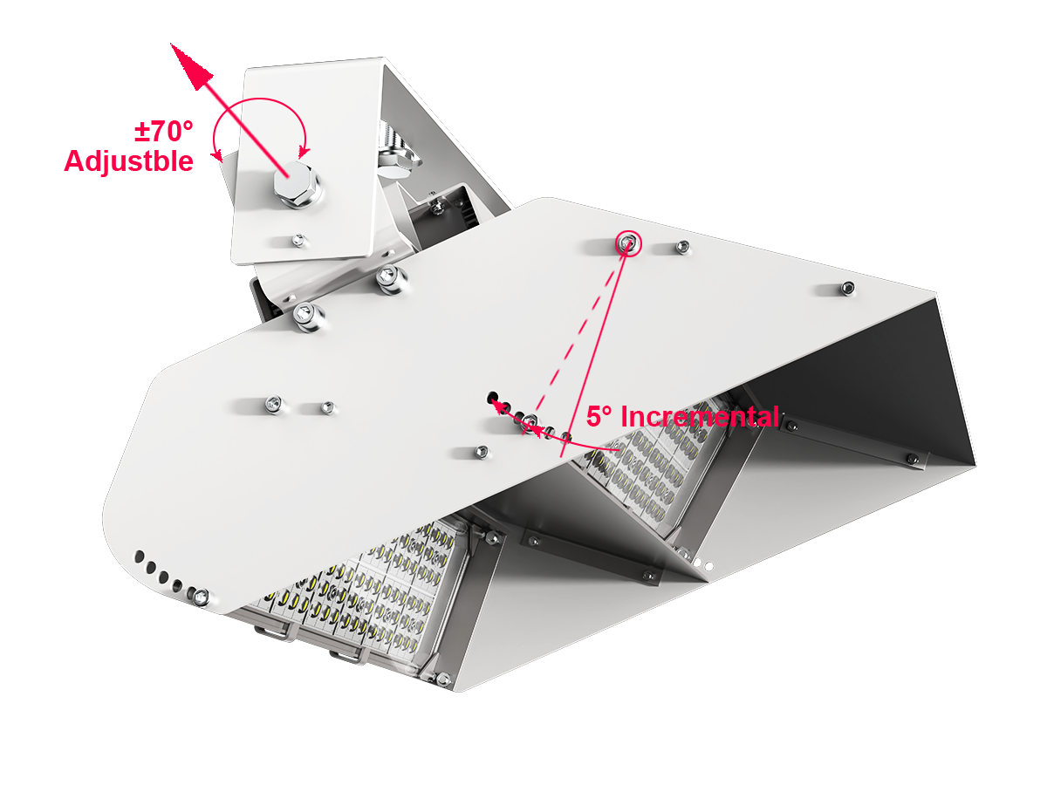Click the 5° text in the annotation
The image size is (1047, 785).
point(601,417)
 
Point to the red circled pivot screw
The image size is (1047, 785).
point(627,243)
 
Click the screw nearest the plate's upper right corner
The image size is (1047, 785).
point(846,288)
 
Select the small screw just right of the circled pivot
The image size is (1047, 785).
point(681,248)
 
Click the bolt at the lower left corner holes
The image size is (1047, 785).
point(201,597)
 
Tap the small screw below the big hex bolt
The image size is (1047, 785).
point(298,239)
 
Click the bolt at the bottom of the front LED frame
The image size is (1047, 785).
point(443,679)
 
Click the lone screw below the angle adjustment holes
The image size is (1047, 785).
point(480,451)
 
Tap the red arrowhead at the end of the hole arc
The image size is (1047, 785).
point(502,406)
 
